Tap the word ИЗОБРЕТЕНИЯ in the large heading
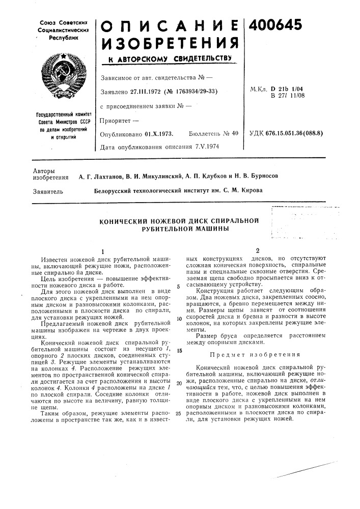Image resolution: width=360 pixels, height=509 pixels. pos(168,44)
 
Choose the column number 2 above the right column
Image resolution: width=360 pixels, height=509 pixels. pos(258,251)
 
